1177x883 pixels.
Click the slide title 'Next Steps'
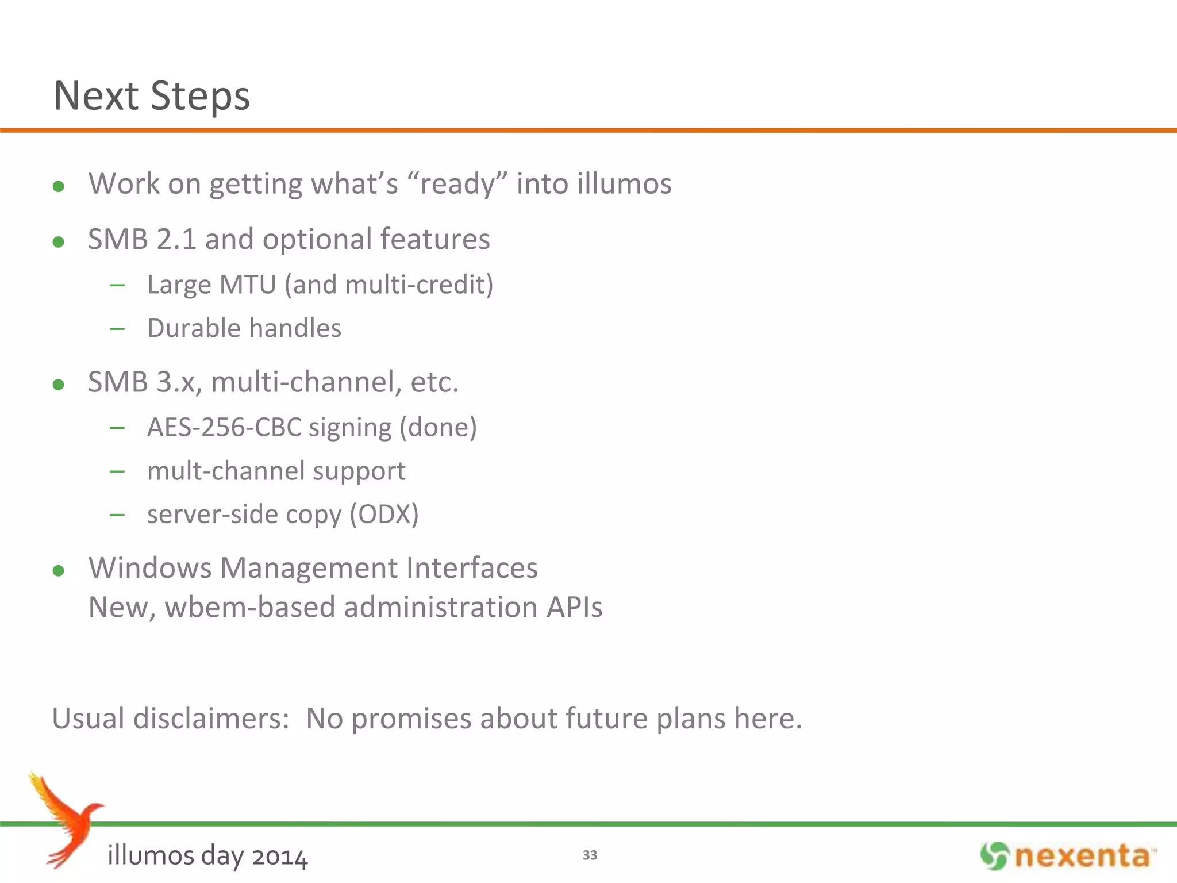pyautogui.click(x=152, y=95)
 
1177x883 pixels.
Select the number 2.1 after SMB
pyautogui.click(x=176, y=239)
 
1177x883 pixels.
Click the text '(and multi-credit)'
pyautogui.click(x=389, y=285)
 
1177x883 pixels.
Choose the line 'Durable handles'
pyautogui.click(x=244, y=328)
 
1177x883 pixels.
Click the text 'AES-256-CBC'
pyautogui.click(x=224, y=427)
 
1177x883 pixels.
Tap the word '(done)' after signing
pyautogui.click(x=438, y=427)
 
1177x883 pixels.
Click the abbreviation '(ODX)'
pyautogui.click(x=384, y=514)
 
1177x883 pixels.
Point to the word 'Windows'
pyautogui.click(x=150, y=568)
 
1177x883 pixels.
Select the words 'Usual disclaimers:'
pyautogui.click(x=171, y=719)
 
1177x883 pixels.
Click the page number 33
pyautogui.click(x=590, y=855)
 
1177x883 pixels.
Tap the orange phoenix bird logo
pyautogui.click(x=66, y=819)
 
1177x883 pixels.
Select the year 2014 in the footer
pyautogui.click(x=280, y=857)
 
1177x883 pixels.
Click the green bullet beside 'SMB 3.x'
pyautogui.click(x=58, y=385)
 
